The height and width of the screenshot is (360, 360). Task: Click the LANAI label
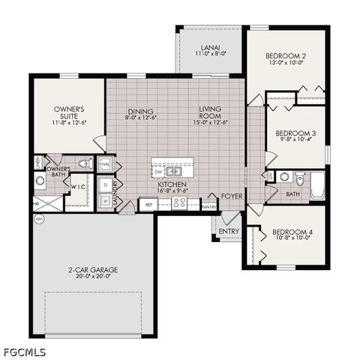209,48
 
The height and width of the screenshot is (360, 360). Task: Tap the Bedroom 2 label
288,55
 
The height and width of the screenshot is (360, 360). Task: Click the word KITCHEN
172,184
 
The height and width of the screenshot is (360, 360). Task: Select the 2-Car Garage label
93,269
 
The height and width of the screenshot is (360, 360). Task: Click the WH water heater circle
39,219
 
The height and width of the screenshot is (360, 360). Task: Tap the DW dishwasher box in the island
157,169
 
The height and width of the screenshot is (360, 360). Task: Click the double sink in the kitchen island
174,169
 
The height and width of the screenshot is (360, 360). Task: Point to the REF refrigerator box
148,204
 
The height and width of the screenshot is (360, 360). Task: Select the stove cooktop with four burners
180,202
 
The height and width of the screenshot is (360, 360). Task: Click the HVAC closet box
104,163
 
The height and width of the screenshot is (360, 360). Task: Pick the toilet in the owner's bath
85,163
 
